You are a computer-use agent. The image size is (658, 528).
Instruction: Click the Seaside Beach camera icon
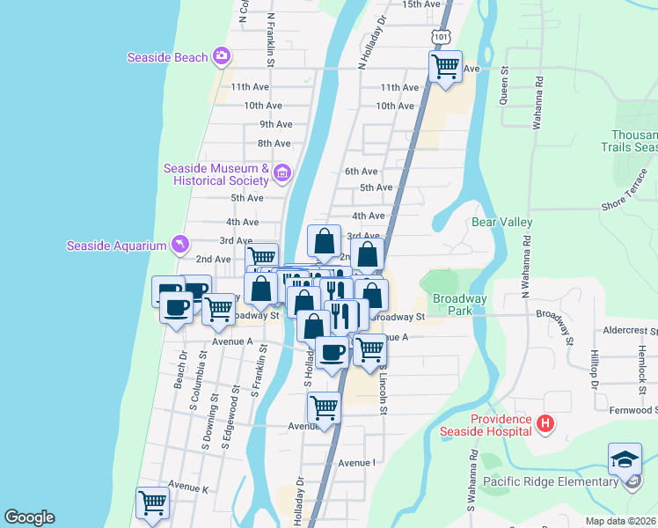(x=222, y=57)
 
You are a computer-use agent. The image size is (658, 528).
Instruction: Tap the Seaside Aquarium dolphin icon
(x=180, y=245)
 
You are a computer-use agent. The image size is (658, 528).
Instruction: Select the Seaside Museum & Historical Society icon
(x=281, y=173)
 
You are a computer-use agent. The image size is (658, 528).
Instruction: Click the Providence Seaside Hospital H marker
(x=545, y=425)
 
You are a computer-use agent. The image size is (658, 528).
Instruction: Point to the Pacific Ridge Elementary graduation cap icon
(x=625, y=460)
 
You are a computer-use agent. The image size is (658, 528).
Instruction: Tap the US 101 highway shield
(x=441, y=36)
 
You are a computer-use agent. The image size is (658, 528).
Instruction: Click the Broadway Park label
(x=460, y=304)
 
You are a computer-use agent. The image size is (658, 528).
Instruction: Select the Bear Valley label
(x=503, y=224)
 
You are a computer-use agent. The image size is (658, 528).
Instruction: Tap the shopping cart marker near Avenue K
(x=152, y=503)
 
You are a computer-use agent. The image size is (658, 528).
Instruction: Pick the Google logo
(x=29, y=517)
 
